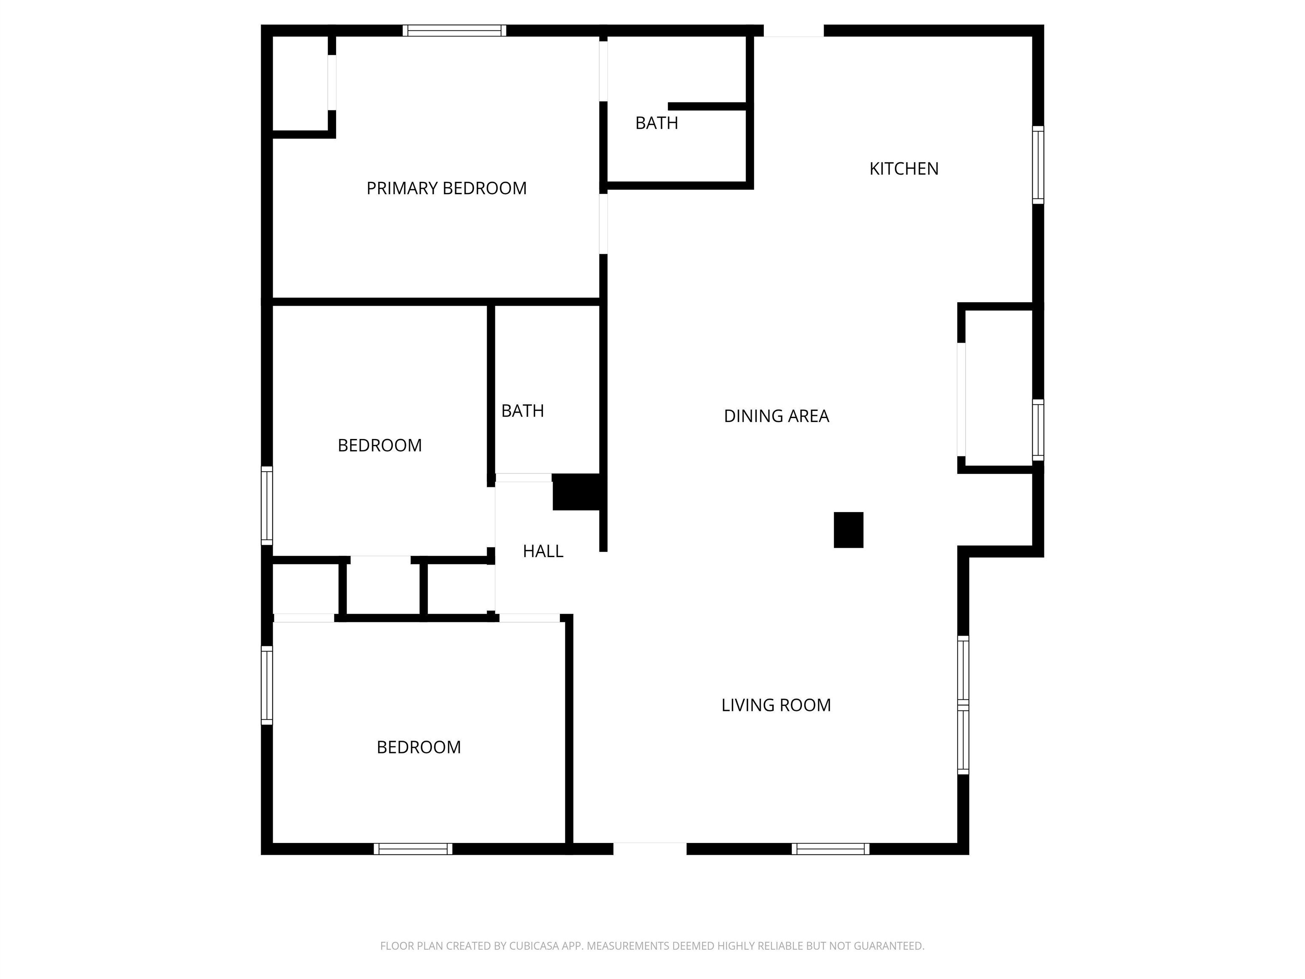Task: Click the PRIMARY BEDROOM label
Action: pos(446,188)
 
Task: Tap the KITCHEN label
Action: pos(904,169)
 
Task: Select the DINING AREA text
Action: pos(777,416)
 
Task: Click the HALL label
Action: pos(543,551)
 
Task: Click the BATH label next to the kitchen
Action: pos(657,123)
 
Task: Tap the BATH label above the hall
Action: pos(523,411)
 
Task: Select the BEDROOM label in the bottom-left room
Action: pos(419,747)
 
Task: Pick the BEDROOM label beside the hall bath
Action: pos(380,446)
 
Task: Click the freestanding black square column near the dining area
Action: pos(848,530)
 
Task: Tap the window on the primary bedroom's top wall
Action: pos(454,31)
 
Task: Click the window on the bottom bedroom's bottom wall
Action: pos(413,849)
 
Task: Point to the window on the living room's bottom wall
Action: pos(830,849)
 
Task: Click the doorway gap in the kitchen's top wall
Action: pos(794,31)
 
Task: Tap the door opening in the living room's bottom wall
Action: pos(650,849)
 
